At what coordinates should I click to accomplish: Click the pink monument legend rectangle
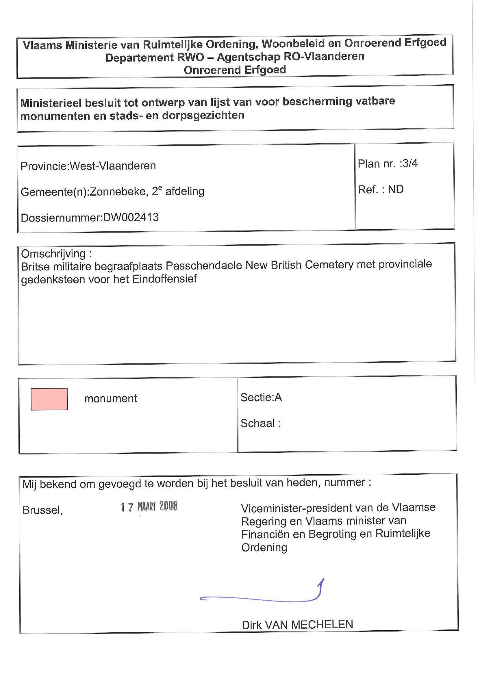49,399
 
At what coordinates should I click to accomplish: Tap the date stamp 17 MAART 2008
149,506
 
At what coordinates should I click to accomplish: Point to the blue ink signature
262,596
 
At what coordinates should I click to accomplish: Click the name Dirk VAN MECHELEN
297,625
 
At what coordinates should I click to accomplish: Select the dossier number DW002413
131,218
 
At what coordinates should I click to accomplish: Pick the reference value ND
396,189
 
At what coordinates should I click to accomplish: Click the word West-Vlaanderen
113,166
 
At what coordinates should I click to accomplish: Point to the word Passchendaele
204,265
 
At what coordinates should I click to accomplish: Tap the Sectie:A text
261,398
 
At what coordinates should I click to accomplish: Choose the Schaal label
258,424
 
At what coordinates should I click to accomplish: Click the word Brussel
42,510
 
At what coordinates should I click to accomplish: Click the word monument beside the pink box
110,399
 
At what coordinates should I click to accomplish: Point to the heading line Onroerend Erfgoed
235,70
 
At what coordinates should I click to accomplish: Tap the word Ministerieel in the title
51,103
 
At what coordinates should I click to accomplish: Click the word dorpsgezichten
203,116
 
